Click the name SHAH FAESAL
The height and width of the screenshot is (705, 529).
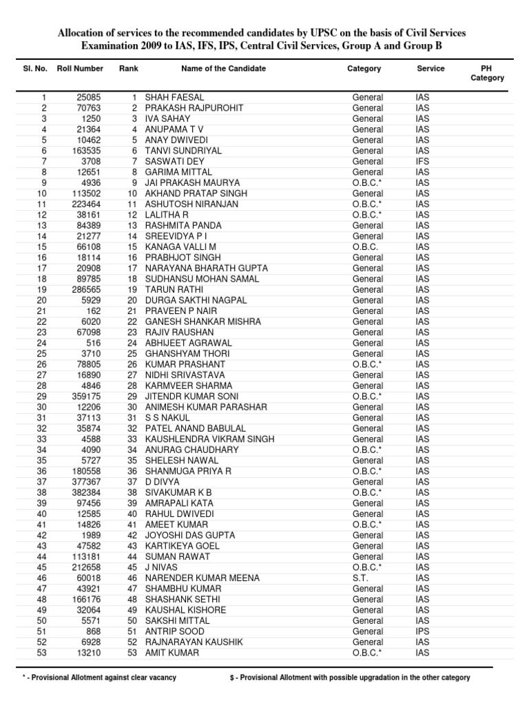tap(174, 98)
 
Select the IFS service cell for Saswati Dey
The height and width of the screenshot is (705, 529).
tap(422, 162)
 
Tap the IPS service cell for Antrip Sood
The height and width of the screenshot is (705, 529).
tap(422, 631)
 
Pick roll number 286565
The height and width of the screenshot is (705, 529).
tap(86, 290)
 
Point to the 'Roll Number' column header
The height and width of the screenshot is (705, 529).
tap(80, 69)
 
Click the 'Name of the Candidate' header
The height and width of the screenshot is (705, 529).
tap(223, 69)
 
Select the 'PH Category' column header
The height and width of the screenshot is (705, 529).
tap(487, 74)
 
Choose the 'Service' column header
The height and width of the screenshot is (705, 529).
tap(431, 69)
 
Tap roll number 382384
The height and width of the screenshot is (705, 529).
tap(86, 493)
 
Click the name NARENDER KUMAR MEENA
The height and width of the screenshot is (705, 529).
tap(193, 578)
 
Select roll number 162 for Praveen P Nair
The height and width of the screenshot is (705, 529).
tap(94, 311)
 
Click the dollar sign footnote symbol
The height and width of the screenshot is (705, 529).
tap(232, 678)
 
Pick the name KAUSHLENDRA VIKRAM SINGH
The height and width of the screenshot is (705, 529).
tap(209, 439)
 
